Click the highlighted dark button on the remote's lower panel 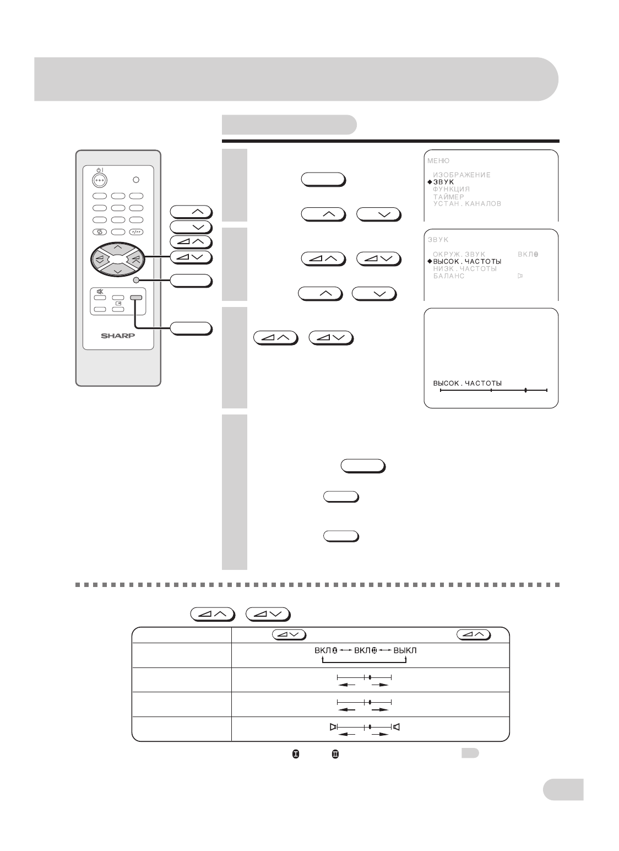pos(136,298)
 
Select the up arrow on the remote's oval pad pos(118,247)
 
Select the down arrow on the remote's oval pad pos(118,271)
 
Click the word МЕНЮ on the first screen pos(438,161)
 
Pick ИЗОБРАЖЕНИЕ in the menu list pos(461,175)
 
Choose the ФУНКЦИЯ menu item pos(451,189)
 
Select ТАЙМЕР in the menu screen pos(448,196)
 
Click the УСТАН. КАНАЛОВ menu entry pos(467,203)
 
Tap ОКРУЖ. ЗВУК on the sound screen pos(459,255)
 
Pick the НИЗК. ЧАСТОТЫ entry pos(465,268)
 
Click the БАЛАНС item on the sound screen pos(448,276)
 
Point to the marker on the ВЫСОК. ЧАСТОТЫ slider pos(525,390)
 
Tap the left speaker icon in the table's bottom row pos(333,726)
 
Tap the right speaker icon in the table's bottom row pos(397,726)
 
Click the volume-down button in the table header pos(289,634)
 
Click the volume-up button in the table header pos(474,634)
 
